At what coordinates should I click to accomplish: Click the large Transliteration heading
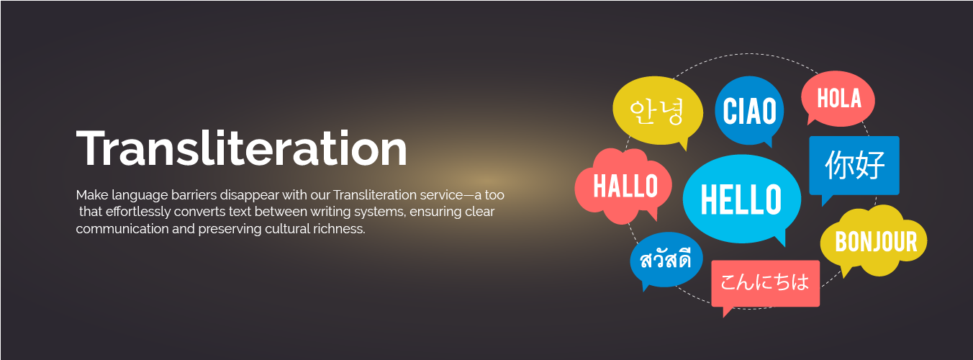click(x=241, y=149)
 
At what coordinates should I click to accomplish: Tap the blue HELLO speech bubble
click(x=741, y=199)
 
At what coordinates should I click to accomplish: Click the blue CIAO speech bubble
click(x=749, y=111)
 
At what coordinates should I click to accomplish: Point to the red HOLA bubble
click(x=839, y=99)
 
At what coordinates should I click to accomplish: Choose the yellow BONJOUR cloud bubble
click(x=875, y=242)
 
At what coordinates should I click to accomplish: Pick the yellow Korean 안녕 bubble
click(x=656, y=112)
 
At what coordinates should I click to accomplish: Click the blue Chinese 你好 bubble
click(x=854, y=165)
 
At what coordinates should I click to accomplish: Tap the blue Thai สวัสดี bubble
click(x=665, y=260)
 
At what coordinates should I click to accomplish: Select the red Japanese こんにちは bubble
click(x=765, y=282)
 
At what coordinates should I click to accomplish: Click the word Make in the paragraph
click(x=90, y=195)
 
